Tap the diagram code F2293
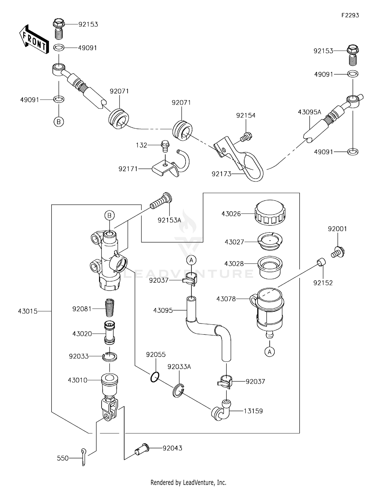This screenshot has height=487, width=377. click(x=350, y=15)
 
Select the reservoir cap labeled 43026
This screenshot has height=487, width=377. click(x=270, y=213)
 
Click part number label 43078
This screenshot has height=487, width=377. click(x=226, y=299)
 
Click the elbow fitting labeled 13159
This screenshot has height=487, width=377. click(x=222, y=411)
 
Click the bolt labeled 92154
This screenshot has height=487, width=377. click(x=246, y=137)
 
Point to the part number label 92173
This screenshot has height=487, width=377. click(x=221, y=174)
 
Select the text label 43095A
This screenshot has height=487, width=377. click(x=309, y=112)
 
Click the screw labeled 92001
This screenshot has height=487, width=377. click(x=338, y=252)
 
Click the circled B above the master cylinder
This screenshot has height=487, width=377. click(x=109, y=215)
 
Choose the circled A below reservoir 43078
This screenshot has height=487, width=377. click(x=269, y=352)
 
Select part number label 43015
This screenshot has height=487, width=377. click(x=28, y=311)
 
